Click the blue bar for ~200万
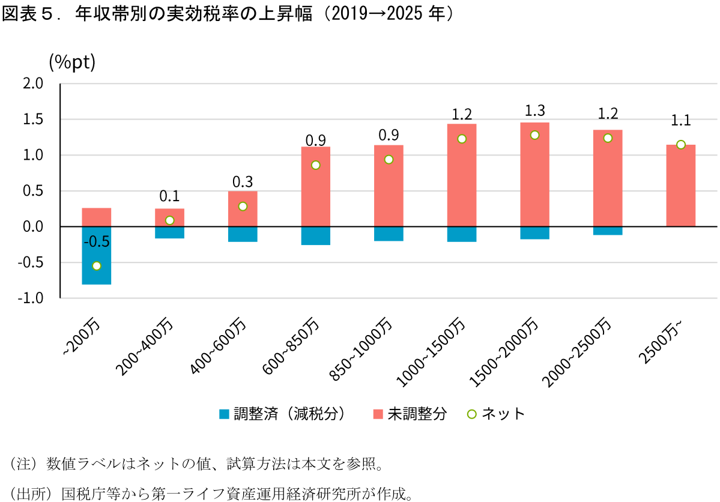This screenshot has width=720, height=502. [97, 255]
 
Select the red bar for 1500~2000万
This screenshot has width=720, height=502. [535, 175]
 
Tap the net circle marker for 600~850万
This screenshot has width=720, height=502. [315, 165]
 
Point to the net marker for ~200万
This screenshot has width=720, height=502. [97, 266]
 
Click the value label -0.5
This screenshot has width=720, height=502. [97, 241]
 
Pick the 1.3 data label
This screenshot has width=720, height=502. [535, 110]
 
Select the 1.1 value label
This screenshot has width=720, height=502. [681, 120]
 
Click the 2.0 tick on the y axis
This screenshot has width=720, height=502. [33, 83]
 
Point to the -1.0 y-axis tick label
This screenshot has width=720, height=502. [30, 298]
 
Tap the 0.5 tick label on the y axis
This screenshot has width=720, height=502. [33, 191]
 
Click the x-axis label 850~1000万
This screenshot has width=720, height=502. [363, 349]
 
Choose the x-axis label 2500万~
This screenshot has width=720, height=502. [661, 340]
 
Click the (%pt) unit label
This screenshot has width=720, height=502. [72, 61]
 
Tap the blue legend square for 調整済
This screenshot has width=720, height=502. [224, 414]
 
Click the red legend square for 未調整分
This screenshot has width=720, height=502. [378, 414]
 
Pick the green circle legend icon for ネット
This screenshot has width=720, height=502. [471, 414]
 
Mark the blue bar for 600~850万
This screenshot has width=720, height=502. [316, 235]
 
